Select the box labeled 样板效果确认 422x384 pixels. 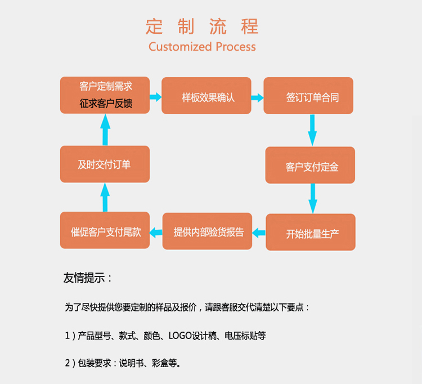(207, 97)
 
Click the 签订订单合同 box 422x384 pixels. (309, 97)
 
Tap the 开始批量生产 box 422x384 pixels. (311, 233)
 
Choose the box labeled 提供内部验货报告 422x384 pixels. (208, 231)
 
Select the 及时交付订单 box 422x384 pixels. (105, 164)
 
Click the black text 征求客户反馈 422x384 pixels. (106, 104)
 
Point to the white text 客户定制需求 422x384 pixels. (106, 87)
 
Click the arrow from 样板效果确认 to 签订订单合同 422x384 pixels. (257, 97)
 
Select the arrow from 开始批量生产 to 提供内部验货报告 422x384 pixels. (258, 231)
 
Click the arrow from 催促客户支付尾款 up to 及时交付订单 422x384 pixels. (105, 197)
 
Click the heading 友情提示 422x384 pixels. (88, 278)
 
